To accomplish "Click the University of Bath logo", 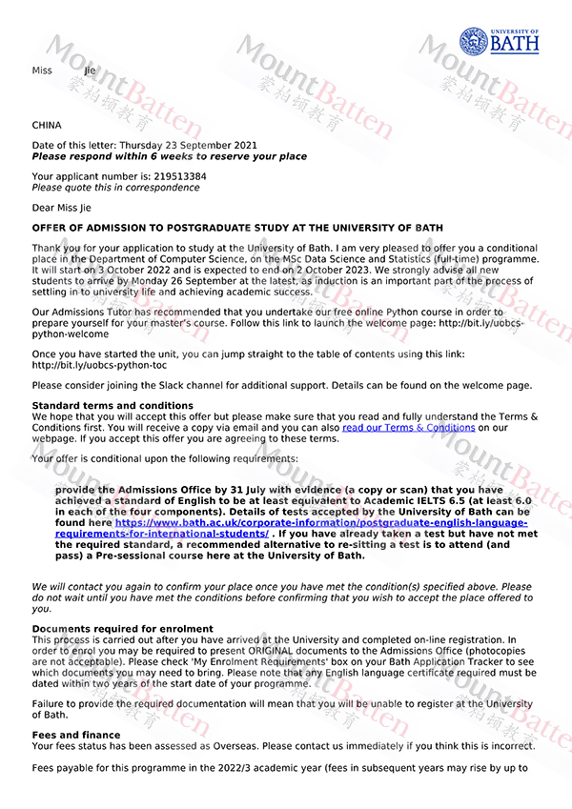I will click(499, 41).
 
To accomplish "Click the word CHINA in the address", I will click(47, 125).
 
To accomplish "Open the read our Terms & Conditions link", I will click(408, 428).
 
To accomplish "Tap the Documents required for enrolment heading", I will click(123, 629).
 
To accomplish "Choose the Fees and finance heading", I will click(76, 735).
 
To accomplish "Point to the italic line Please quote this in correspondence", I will click(115, 188).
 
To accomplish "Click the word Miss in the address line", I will click(43, 71).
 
